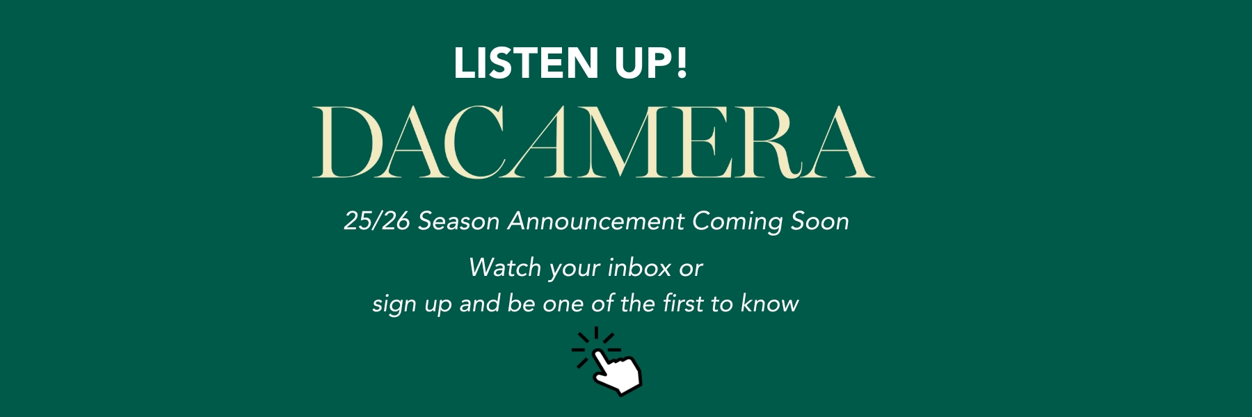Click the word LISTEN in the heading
point(526,63)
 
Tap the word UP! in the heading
point(650,63)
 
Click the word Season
point(458,221)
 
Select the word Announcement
point(596,221)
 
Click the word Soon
point(819,221)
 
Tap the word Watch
point(505,268)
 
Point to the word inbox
point(639,268)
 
